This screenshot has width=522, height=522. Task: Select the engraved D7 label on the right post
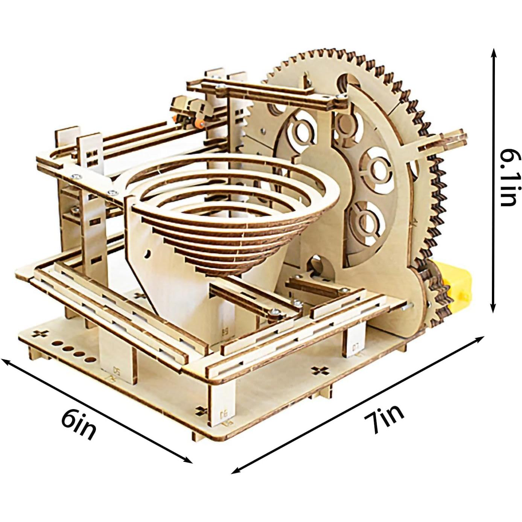point(356,346)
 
